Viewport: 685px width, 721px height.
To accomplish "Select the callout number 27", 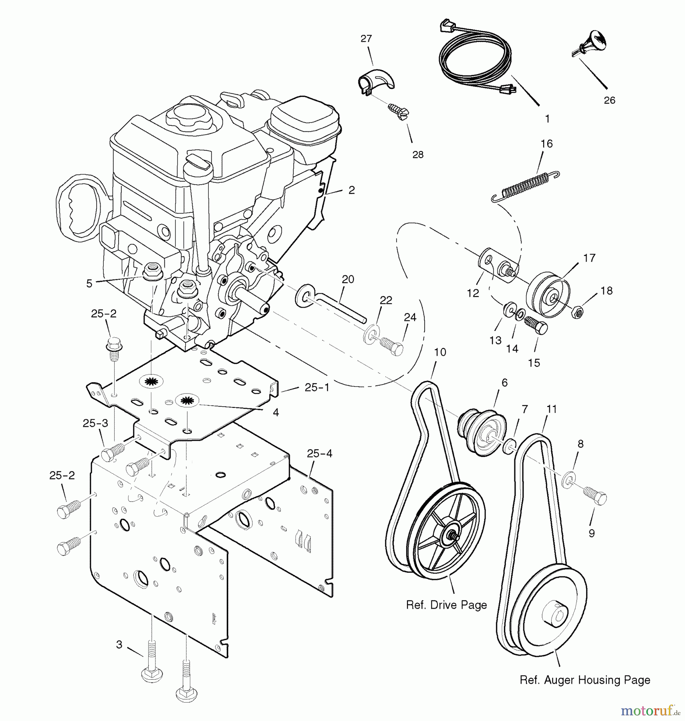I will pyautogui.click(x=366, y=39).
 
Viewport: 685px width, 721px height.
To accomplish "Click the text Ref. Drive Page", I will pyautogui.click(x=446, y=604).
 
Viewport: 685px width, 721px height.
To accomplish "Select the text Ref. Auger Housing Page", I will pyautogui.click(x=584, y=680).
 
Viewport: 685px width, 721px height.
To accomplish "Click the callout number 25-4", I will pyautogui.click(x=319, y=453).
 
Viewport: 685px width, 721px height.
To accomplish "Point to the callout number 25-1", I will pyautogui.click(x=317, y=388).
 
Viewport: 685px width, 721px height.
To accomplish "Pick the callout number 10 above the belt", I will pyautogui.click(x=440, y=352).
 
